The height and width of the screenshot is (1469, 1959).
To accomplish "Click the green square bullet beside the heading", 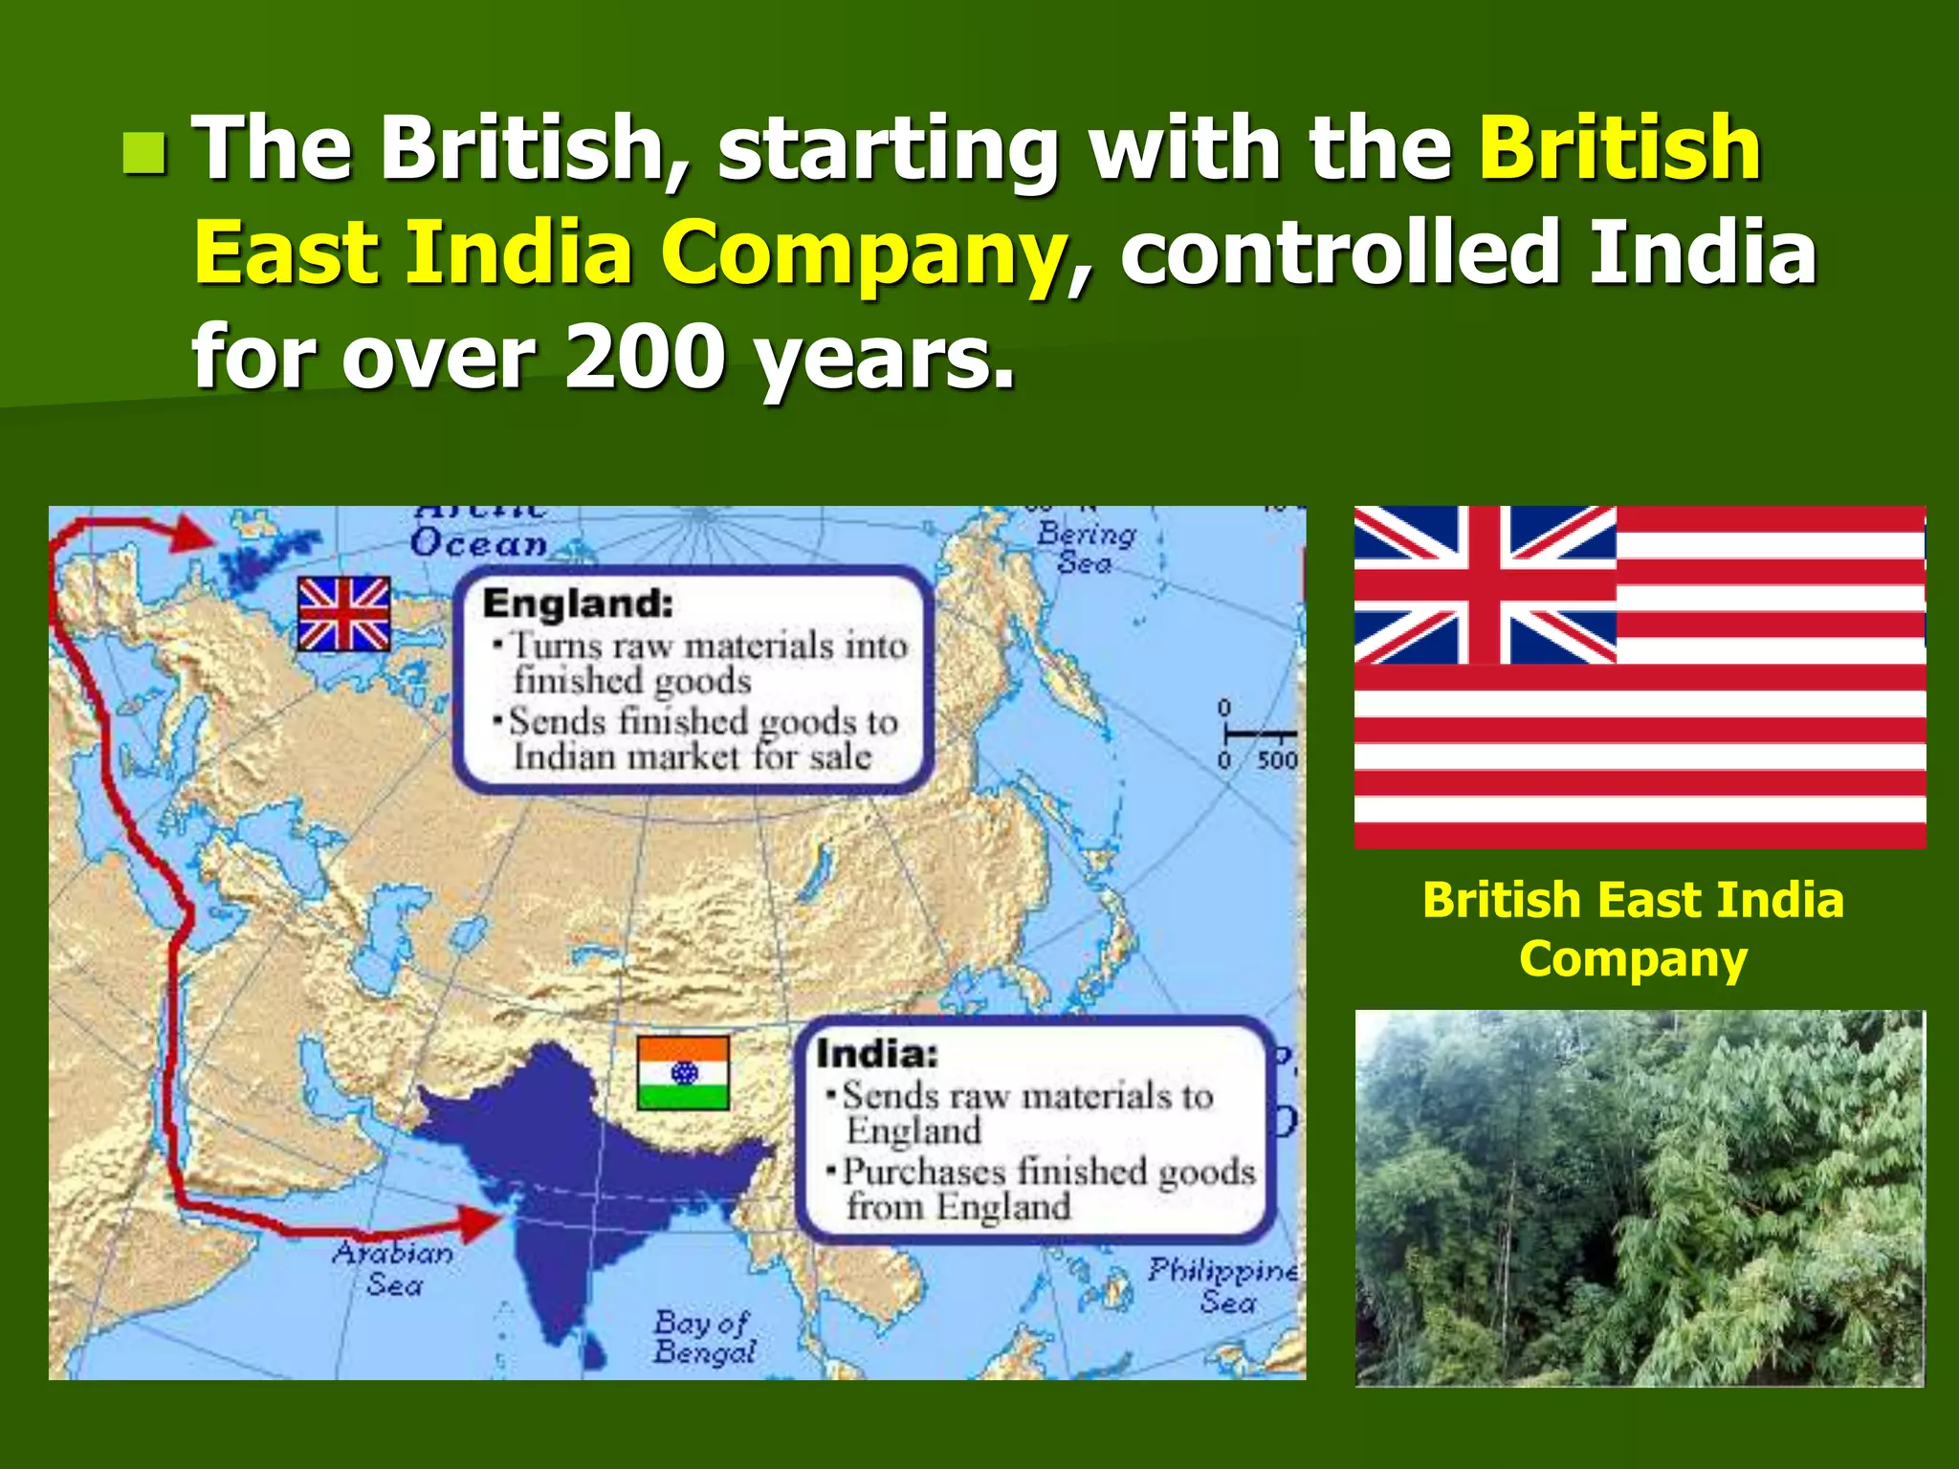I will (144, 154).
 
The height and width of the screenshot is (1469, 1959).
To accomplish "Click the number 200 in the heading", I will (644, 357).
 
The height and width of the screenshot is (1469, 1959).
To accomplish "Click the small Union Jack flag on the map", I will (343, 614).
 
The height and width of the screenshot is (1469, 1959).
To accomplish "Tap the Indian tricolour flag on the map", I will (683, 1072).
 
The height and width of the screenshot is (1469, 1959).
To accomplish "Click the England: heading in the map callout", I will (578, 603).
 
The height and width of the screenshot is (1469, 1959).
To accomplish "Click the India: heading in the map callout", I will (876, 1054).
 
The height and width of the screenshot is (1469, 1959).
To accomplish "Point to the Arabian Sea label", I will (393, 1268).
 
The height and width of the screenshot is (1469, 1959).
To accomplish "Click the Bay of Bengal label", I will (705, 1337).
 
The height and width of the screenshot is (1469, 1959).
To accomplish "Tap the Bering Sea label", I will (1087, 547).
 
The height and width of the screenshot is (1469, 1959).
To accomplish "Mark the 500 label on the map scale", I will (1277, 760).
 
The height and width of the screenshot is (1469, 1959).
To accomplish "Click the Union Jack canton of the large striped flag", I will (1485, 584).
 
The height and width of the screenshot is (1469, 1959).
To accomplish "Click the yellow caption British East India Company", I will (1633, 929).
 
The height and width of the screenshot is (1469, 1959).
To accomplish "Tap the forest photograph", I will (1640, 1197).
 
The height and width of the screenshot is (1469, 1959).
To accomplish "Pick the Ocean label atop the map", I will (478, 543).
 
